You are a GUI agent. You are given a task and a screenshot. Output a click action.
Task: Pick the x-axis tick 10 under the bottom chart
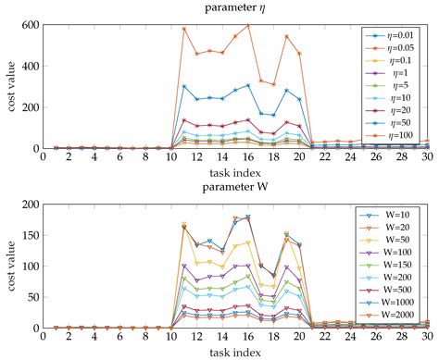tap(172, 338)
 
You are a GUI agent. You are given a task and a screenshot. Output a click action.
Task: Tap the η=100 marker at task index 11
tap(184, 29)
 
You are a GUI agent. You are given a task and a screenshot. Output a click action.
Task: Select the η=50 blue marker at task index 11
tap(184, 87)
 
